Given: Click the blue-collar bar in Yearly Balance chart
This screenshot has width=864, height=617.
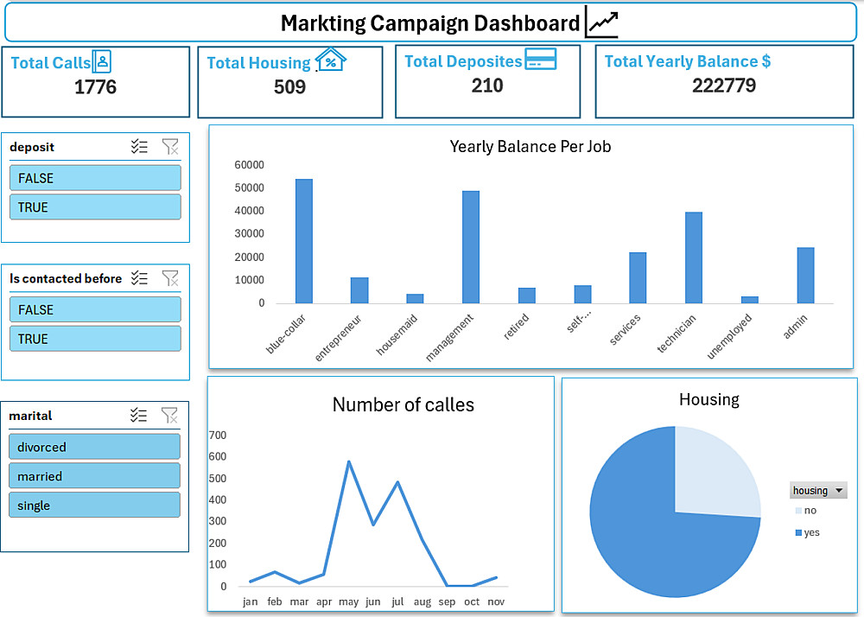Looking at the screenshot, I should tap(304, 242).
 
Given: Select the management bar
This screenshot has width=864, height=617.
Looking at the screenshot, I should tap(471, 248).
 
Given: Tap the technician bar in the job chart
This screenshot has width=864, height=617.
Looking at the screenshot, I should tap(694, 258).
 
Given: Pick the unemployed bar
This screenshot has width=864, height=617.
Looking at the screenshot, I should tap(750, 300).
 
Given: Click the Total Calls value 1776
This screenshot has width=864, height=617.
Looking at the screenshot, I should tap(95, 87).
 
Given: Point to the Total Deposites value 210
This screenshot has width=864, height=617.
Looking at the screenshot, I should tap(487, 86).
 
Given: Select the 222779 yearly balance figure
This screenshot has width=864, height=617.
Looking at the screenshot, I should tap(724, 86).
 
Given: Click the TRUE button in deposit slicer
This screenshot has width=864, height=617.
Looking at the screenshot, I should tap(95, 207).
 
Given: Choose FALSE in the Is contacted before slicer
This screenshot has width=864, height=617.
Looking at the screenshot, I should tap(95, 309).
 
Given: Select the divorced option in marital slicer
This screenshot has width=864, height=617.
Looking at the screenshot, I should tap(95, 447).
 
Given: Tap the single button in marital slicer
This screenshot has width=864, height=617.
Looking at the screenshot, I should tap(95, 506).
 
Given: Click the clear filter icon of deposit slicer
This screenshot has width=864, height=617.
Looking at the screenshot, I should tap(170, 147).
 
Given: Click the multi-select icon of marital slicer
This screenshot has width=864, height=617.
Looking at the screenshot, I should tap(139, 416).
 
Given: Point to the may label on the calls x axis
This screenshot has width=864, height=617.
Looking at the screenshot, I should tap(348, 601).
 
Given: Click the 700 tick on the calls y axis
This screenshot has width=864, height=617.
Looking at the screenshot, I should tap(218, 435).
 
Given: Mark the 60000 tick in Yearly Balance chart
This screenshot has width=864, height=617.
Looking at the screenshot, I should tap(250, 165).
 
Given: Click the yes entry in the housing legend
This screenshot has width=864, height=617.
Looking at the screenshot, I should tap(811, 532).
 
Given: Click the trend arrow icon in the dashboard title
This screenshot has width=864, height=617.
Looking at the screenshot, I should tap(601, 22).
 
